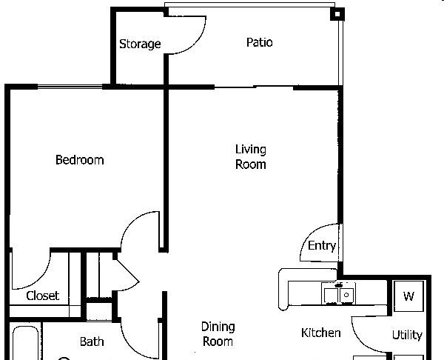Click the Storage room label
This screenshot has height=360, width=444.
click(140, 44)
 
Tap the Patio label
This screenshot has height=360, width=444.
click(260, 42)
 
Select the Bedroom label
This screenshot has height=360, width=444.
click(80, 160)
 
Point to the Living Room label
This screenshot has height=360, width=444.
click(251, 157)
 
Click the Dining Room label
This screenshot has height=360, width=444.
click(218, 334)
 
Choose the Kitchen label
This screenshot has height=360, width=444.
click(321, 333)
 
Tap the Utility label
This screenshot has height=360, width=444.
click(407, 335)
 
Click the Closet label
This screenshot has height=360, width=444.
click(43, 296)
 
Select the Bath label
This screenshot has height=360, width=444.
click(92, 341)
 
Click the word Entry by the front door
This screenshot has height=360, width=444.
click(322, 245)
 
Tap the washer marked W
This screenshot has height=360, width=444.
click(408, 296)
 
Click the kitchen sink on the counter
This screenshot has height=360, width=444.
click(338, 293)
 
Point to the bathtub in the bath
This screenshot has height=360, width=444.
click(25, 343)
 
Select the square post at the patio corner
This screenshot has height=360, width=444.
click(337, 14)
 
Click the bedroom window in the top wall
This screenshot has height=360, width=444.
click(70, 86)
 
